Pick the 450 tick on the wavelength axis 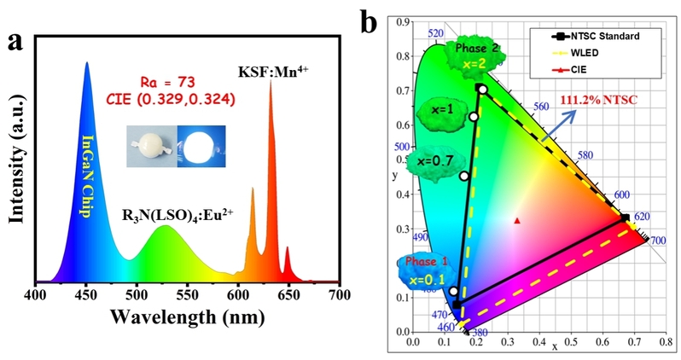pyautogui.click(x=86, y=295)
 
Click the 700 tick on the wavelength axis pyautogui.click(x=340, y=295)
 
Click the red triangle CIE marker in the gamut pyautogui.click(x=517, y=220)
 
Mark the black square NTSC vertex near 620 pyautogui.click(x=625, y=218)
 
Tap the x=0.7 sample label pyautogui.click(x=431, y=160)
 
